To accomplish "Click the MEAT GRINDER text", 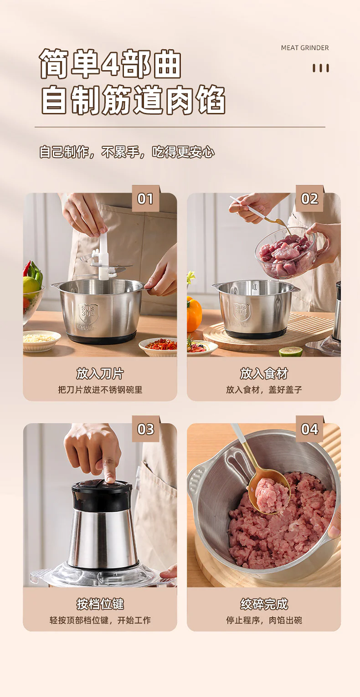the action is pos(304,48).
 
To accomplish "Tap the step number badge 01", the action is pos(146,199).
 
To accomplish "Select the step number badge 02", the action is pos(309,199).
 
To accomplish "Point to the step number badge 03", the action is pos(146,429).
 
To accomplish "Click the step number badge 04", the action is pos(309,429).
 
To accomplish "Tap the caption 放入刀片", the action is pos(100,374).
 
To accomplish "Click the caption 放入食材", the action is pos(264,374).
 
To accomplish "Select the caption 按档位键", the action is pos(100,604).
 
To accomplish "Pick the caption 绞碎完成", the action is pos(264,604).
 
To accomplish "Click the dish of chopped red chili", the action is pos(159,346).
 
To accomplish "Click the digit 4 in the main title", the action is pos(109,63).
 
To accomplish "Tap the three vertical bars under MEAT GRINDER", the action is pos(321,68).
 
